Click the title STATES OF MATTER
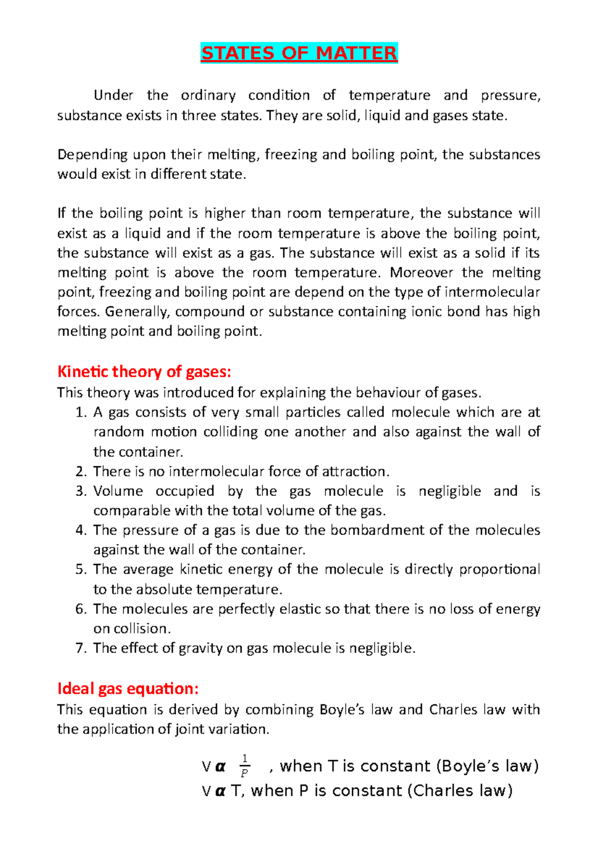[299, 53]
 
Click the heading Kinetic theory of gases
[145, 372]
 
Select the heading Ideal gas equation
[128, 689]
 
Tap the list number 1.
[81, 413]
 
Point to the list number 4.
[81, 530]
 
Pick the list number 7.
[81, 648]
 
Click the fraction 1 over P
[244, 766]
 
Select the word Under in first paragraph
[114, 95]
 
